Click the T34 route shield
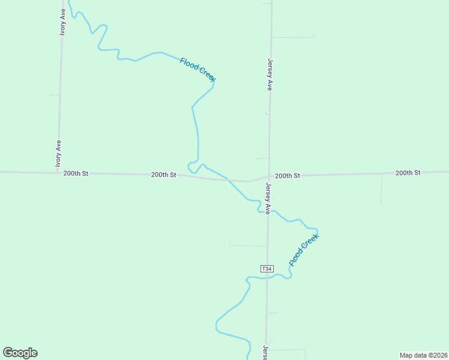(x=267, y=268)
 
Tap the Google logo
(x=20, y=353)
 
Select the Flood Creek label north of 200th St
(x=197, y=69)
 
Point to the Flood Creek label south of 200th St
(x=304, y=250)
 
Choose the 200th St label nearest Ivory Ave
(x=76, y=173)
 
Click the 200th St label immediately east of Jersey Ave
(x=287, y=176)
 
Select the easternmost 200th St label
(x=408, y=173)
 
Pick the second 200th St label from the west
(x=163, y=175)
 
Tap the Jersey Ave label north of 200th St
(x=270, y=74)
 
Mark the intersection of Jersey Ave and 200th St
(x=269, y=176)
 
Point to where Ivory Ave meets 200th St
(x=58, y=173)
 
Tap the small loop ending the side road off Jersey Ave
(x=313, y=35)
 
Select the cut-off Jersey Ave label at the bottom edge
(x=265, y=352)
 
